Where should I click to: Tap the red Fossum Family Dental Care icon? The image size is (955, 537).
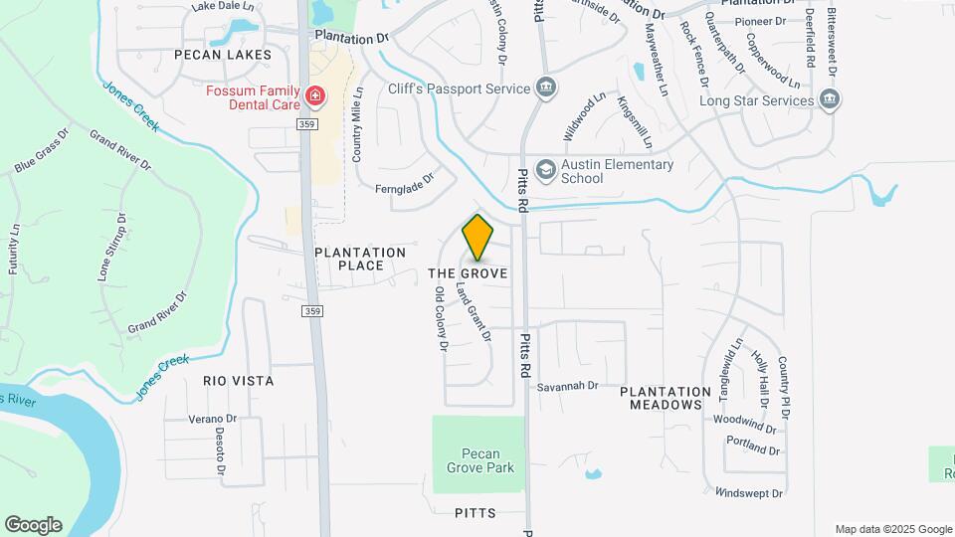(315, 96)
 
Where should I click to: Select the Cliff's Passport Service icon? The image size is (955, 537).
(545, 89)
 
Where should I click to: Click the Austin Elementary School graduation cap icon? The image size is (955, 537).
(545, 170)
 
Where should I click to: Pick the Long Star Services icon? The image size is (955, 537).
(830, 99)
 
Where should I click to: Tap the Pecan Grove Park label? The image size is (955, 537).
(479, 459)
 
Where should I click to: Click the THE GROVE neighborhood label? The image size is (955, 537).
(468, 272)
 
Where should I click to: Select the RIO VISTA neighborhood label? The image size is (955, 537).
(238, 381)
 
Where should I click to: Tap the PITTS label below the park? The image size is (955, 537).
(475, 513)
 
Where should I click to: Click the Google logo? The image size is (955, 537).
(33, 525)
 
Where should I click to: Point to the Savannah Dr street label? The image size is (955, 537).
(566, 386)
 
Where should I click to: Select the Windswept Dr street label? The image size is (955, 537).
(749, 492)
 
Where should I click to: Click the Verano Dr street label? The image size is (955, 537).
(212, 419)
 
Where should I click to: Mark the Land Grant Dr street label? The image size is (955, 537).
(473, 312)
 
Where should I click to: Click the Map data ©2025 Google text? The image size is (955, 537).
(893, 529)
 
